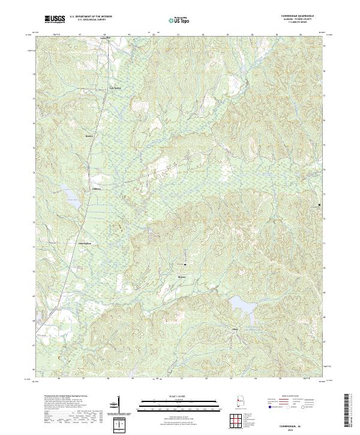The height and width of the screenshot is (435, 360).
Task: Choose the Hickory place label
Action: coord(182,277)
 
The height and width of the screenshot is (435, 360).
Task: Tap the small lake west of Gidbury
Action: coord(71,199)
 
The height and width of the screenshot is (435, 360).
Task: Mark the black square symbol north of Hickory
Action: coord(185,265)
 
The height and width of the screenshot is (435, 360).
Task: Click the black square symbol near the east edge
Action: coord(319,205)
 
